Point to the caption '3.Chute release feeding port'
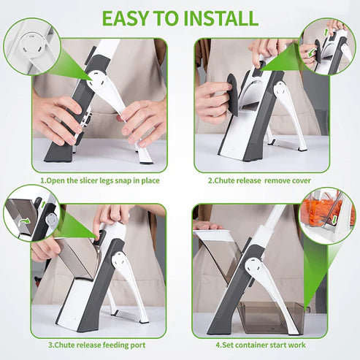click(99, 344)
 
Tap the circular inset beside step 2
click(326, 46)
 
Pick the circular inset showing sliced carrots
click(329, 212)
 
